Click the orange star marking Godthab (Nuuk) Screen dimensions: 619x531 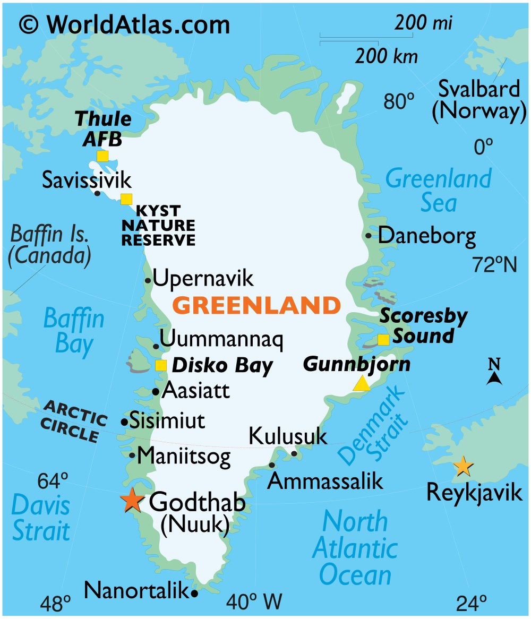click(x=131, y=500)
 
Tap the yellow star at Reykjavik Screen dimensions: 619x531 click(x=463, y=466)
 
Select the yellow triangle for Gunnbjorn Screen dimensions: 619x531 click(x=362, y=383)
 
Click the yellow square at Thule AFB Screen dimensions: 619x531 click(x=102, y=156)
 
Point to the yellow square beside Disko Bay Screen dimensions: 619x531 click(x=160, y=365)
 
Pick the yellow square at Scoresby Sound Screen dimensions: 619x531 click(x=383, y=339)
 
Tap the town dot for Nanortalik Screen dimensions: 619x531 click(x=194, y=593)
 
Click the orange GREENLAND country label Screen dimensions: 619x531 click(x=256, y=305)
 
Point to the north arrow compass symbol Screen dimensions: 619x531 click(x=494, y=372)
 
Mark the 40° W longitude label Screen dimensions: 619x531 click(x=254, y=602)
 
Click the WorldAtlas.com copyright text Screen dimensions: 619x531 click(x=125, y=24)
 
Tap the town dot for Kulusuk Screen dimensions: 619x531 click(x=294, y=453)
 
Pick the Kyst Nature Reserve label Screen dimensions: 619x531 click(x=158, y=225)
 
